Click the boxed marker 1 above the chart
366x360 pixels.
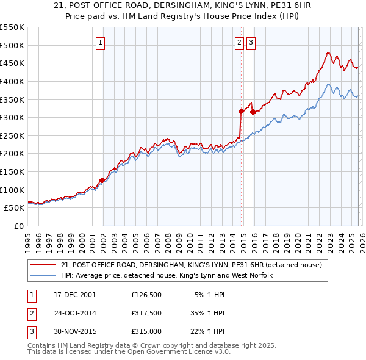click(100, 42)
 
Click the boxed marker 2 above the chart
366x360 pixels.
click(239, 42)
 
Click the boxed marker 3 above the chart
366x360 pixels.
click(251, 42)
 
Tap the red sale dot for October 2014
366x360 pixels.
click(241, 111)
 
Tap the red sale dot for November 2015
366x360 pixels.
click(253, 112)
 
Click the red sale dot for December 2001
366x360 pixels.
click(102, 180)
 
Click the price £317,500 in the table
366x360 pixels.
click(146, 313)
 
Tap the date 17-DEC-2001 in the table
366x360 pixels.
click(75, 295)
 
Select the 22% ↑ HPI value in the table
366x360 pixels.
click(207, 331)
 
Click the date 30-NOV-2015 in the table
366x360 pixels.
click(75, 331)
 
